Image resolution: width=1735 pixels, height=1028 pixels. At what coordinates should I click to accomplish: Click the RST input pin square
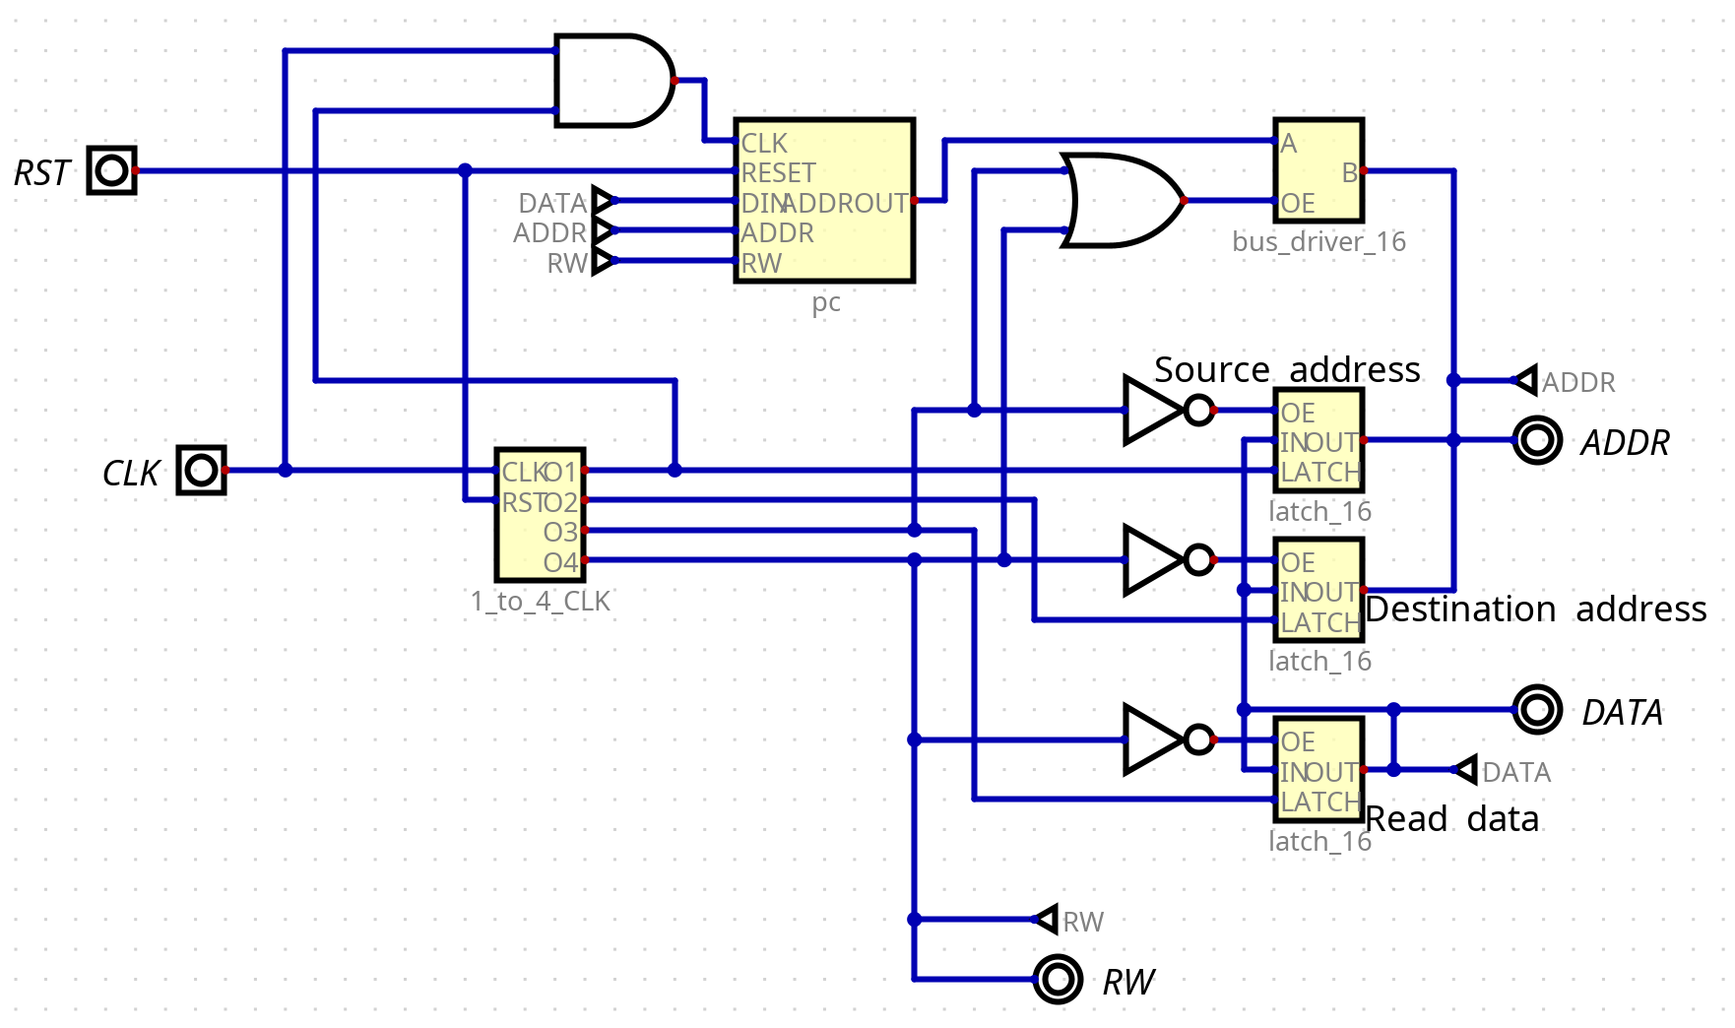(111, 170)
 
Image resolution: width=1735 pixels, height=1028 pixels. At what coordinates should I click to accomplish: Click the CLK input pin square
(202, 470)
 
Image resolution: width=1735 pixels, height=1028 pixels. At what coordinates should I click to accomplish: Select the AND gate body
(610, 81)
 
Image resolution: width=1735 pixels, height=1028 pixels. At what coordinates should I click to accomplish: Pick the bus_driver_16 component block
(1318, 171)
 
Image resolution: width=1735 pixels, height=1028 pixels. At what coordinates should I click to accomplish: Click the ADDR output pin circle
(1537, 440)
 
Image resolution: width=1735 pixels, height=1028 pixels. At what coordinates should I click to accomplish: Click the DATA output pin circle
(1537, 709)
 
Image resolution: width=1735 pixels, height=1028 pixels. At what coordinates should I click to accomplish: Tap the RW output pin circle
(1059, 979)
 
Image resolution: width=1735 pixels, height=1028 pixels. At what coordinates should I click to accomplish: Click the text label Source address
(1286, 369)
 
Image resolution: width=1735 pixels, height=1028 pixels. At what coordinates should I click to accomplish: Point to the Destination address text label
(1535, 610)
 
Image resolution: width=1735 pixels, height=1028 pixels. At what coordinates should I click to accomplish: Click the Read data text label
(1451, 819)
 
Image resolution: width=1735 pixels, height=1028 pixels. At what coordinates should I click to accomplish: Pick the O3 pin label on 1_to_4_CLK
(560, 532)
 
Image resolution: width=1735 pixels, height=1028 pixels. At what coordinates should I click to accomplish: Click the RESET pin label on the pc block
(778, 173)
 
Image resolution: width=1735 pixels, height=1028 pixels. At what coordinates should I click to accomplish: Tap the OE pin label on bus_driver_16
(1298, 204)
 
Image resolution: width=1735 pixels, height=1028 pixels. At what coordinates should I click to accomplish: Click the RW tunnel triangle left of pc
(603, 262)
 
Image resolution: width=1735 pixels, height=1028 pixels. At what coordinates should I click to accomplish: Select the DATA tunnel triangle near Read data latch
(1466, 770)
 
